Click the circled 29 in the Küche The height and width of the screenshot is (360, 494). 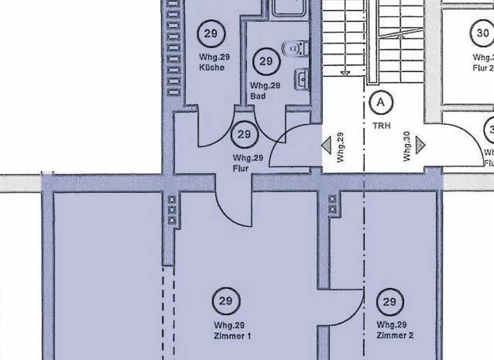pyautogui.click(x=211, y=33)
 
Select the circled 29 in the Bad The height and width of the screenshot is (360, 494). pyautogui.click(x=266, y=62)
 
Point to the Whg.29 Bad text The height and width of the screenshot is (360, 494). pyautogui.click(x=266, y=91)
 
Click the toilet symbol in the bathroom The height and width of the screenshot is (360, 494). pyautogui.click(x=297, y=48)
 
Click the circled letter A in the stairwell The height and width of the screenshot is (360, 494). pyautogui.click(x=381, y=102)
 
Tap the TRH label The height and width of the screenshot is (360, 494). pyautogui.click(x=381, y=126)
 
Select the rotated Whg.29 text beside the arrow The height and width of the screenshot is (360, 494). pyautogui.click(x=340, y=147)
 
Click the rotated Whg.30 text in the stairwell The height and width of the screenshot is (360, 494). pyautogui.click(x=407, y=147)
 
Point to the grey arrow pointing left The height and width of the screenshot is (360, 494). pyautogui.click(x=327, y=146)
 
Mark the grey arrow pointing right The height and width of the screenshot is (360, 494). pyautogui.click(x=421, y=146)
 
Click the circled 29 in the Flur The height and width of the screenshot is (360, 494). pyautogui.click(x=244, y=134)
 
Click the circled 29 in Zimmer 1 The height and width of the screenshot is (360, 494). pyautogui.click(x=226, y=300)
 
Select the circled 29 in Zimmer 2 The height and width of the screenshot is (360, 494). pyautogui.click(x=390, y=301)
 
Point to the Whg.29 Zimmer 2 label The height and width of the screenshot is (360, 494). pyautogui.click(x=395, y=330)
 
